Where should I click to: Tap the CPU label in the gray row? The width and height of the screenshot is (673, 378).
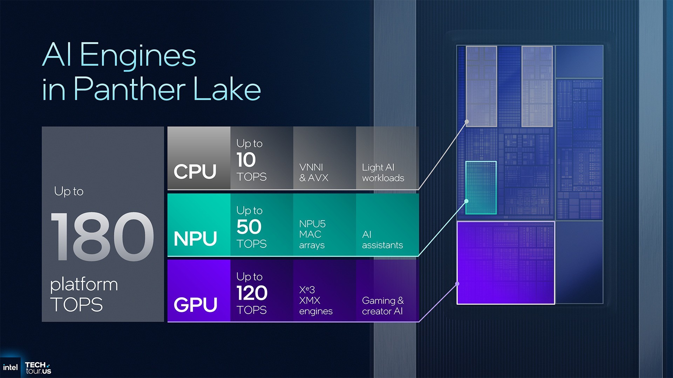point(195,171)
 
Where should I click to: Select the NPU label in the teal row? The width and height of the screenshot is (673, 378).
point(195,238)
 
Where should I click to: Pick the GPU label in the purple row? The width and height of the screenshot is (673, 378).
point(195,304)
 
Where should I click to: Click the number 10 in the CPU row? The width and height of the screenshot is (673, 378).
point(246,160)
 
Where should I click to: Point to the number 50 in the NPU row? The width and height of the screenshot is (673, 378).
point(249,227)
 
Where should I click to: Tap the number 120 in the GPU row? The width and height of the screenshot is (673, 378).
point(252,293)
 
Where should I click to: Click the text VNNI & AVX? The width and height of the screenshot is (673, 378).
point(314,173)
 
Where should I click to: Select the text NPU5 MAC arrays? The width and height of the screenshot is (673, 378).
point(312,234)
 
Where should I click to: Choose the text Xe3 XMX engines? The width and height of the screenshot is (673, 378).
point(315,300)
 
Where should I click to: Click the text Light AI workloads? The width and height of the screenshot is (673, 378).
point(383,173)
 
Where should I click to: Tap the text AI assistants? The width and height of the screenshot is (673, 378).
point(382,240)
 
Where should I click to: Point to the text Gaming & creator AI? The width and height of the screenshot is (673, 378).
point(383,306)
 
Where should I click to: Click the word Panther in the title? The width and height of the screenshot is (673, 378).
point(130,89)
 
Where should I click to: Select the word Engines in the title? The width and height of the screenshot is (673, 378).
point(138,55)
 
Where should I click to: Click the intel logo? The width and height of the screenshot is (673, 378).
point(10,367)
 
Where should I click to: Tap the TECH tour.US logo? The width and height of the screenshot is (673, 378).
point(38,368)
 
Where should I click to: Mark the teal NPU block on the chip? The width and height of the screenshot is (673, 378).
point(481,188)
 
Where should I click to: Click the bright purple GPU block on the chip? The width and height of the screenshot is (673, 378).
point(505,263)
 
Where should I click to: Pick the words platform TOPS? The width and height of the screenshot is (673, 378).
point(84,294)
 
